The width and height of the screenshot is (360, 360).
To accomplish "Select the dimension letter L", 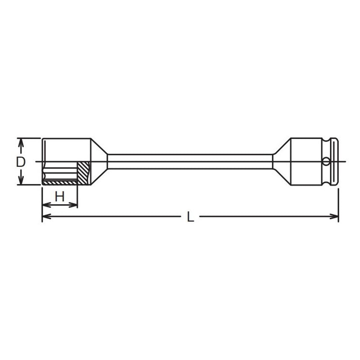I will point(190,217).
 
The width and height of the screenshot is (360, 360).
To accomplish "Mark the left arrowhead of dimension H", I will point(45,205).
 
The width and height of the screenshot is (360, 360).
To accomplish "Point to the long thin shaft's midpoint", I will point(190,162).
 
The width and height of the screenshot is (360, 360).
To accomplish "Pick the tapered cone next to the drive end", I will point(281,162).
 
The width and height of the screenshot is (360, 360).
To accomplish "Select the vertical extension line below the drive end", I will point(338,202).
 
